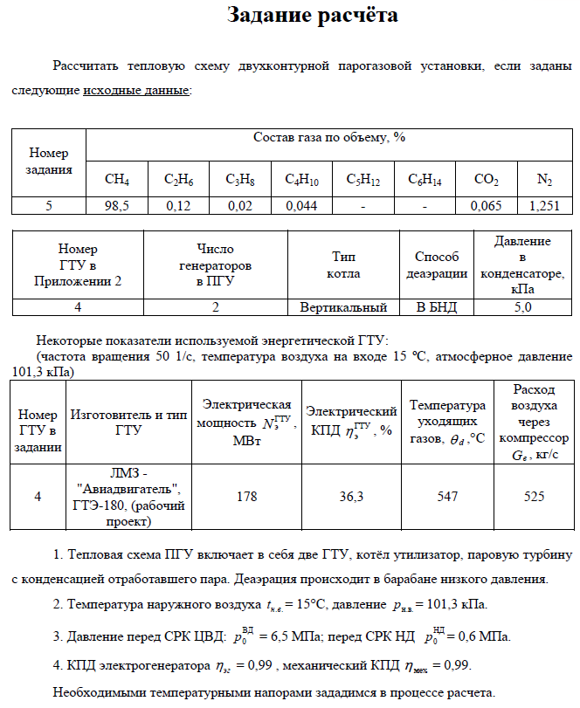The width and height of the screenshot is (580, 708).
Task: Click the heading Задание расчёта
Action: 312,15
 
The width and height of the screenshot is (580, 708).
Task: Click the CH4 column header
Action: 116,180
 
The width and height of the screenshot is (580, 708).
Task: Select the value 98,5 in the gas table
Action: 116,206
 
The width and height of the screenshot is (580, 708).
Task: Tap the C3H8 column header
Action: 240,180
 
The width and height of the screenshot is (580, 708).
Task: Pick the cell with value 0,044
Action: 301,206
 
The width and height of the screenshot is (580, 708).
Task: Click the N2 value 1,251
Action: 544,206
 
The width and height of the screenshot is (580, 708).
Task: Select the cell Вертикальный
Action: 343,307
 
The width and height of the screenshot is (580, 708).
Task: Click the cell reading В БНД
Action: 437,307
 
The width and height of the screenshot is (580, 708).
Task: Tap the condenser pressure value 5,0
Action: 522,307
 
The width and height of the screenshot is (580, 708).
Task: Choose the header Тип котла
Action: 343,265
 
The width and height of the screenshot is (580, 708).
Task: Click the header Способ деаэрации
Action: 437,265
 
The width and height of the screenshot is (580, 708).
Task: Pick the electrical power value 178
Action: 246,496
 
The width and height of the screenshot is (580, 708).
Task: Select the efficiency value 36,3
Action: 352,496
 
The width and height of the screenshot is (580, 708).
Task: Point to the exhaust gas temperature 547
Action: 448,496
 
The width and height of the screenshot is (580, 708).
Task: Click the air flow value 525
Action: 534,496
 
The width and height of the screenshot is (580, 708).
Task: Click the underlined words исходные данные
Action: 135,90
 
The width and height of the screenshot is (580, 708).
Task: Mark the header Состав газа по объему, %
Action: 329,138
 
